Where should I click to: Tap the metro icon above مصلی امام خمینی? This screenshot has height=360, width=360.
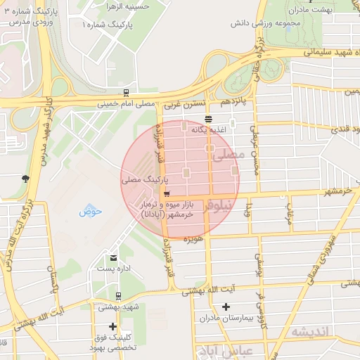(126, 93)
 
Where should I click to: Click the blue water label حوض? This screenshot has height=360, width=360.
(91, 210)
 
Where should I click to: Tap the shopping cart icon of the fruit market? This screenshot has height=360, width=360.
(166, 195)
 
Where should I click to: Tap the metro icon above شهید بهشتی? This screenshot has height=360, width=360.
(118, 296)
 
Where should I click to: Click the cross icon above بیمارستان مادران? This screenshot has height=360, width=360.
(226, 307)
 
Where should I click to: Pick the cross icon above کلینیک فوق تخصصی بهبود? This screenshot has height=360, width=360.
(112, 326)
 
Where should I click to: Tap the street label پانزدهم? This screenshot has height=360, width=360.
(235, 103)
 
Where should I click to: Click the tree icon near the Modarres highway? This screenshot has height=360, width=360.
(25, 178)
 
